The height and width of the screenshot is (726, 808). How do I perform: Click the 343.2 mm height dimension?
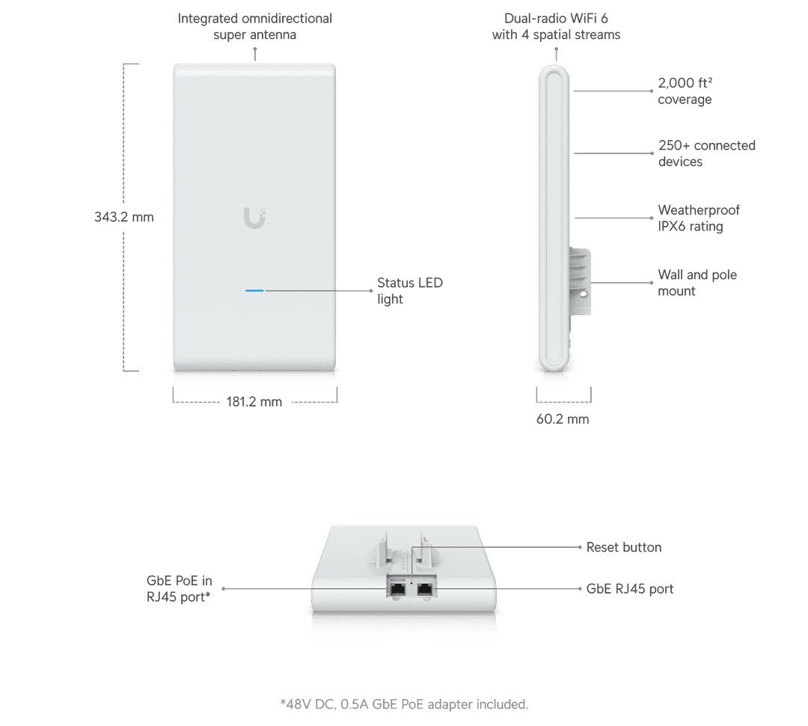pyautogui.click(x=124, y=217)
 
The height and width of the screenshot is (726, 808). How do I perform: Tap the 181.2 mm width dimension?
pyautogui.click(x=254, y=402)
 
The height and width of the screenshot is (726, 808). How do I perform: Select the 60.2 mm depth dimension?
pyautogui.click(x=563, y=419)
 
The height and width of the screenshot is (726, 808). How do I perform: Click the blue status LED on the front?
pyautogui.click(x=254, y=289)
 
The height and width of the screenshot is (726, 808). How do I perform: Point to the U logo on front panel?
pyautogui.click(x=254, y=218)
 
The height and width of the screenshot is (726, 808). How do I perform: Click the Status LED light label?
pyautogui.click(x=409, y=291)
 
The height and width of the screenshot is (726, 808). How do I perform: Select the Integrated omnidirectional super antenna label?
pyautogui.click(x=254, y=27)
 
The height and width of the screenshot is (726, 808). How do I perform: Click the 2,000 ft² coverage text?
pyautogui.click(x=685, y=91)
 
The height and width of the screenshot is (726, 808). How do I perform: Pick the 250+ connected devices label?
pyautogui.click(x=706, y=153)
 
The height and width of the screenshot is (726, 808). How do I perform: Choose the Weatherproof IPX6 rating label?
pyautogui.click(x=699, y=219)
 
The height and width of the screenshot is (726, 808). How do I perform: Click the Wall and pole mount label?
pyautogui.click(x=697, y=283)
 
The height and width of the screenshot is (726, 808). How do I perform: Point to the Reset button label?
pyautogui.click(x=623, y=547)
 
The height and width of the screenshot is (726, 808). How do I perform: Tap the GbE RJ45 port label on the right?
pyautogui.click(x=629, y=589)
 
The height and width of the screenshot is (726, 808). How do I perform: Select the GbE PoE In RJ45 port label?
pyautogui.click(x=179, y=588)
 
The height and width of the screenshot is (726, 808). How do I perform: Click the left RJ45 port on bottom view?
pyautogui.click(x=397, y=588)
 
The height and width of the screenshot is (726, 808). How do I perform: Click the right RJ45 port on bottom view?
pyautogui.click(x=426, y=588)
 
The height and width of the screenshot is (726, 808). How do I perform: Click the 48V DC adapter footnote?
pyautogui.click(x=404, y=704)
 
